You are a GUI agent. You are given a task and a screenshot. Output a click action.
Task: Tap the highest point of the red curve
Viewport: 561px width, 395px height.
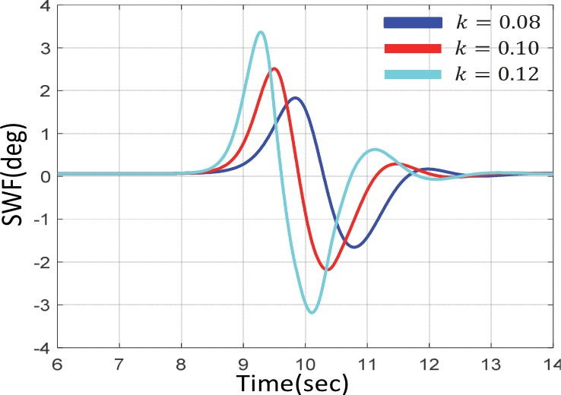[274, 69]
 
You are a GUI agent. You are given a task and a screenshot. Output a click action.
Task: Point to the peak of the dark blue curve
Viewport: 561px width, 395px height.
[294, 98]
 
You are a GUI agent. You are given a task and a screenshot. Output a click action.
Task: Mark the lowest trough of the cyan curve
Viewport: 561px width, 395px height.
[312, 311]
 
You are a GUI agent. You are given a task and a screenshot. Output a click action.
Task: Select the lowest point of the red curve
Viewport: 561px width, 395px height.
[326, 269]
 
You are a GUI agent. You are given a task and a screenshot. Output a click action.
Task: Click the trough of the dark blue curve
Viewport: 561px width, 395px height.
[353, 246]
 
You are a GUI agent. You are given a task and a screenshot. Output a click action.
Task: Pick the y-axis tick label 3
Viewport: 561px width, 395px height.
[43, 47]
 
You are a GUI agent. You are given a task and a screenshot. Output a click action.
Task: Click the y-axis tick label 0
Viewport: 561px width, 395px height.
[43, 176]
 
